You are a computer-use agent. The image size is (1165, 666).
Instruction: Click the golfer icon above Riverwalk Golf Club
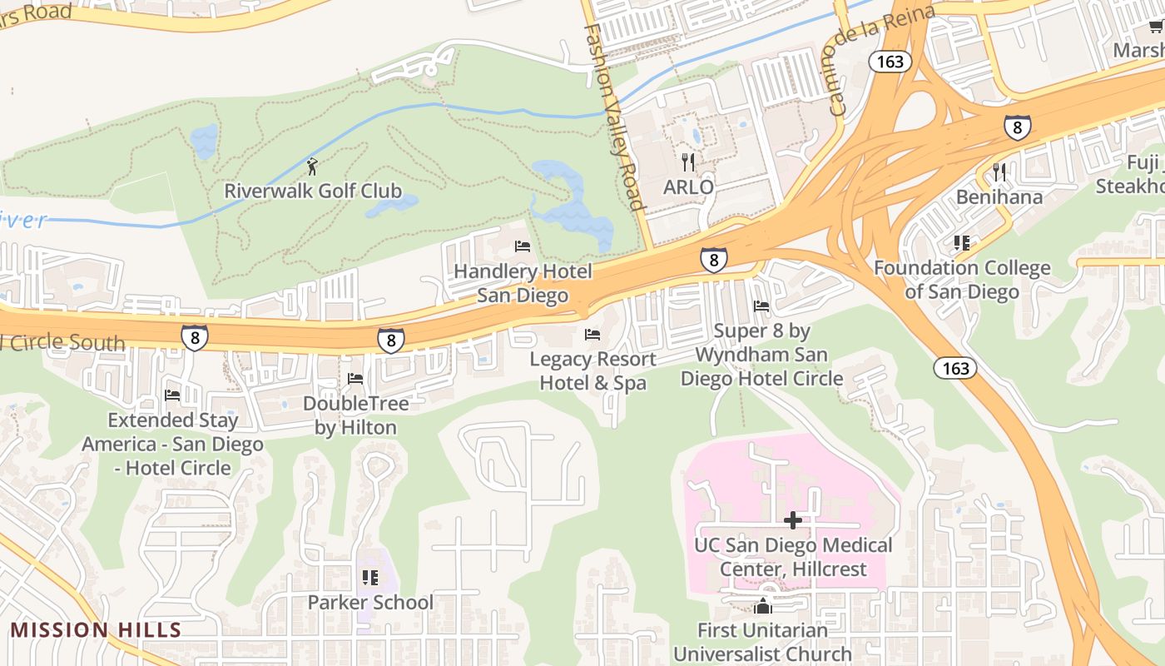pyautogui.click(x=312, y=166)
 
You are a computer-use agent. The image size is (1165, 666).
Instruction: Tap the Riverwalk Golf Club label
pyautogui.click(x=313, y=191)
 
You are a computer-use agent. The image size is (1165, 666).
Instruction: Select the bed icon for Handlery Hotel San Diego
pyautogui.click(x=523, y=246)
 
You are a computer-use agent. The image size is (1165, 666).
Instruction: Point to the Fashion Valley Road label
pyautogui.click(x=614, y=117)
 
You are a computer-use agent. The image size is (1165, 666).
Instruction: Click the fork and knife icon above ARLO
pyautogui.click(x=688, y=162)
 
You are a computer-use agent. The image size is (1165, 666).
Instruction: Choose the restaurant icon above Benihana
pyautogui.click(x=999, y=172)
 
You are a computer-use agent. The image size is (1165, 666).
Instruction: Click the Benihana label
pyautogui.click(x=999, y=197)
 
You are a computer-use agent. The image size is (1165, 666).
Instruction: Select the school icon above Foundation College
pyautogui.click(x=962, y=243)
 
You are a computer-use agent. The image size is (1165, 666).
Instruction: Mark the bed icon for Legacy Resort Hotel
pyautogui.click(x=592, y=335)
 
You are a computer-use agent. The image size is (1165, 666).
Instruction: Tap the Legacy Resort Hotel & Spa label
pyautogui.click(x=592, y=371)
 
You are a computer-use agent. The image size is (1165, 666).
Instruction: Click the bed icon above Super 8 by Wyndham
pyautogui.click(x=761, y=306)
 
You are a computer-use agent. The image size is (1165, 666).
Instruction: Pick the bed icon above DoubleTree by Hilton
pyautogui.click(x=355, y=379)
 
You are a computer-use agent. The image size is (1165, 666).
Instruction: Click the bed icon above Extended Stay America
pyautogui.click(x=172, y=395)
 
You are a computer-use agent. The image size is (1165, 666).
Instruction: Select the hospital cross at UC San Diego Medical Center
pyautogui.click(x=793, y=520)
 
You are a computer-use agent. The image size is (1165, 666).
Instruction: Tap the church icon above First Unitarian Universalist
pyautogui.click(x=762, y=606)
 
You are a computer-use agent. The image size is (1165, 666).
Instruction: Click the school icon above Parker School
pyautogui.click(x=370, y=577)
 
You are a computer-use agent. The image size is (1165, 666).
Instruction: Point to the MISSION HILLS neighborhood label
pyautogui.click(x=95, y=629)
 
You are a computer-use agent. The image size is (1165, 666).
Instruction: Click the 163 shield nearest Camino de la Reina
pyautogui.click(x=890, y=62)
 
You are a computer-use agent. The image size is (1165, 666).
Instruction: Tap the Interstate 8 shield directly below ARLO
pyautogui.click(x=713, y=260)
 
